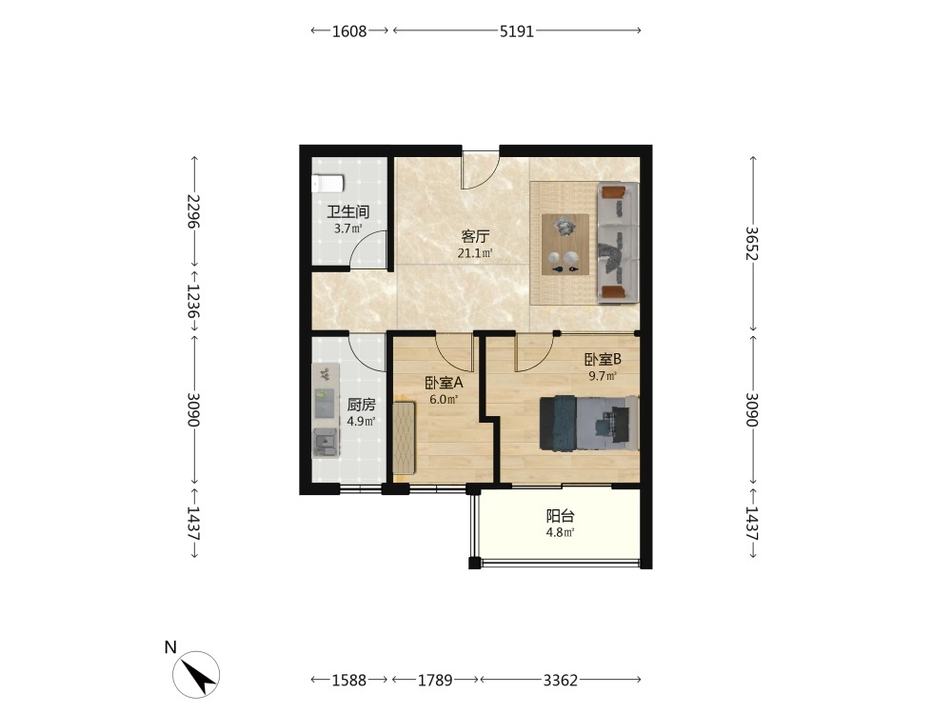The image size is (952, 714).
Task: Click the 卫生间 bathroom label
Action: click(x=347, y=212)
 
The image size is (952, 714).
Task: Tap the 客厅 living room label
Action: click(x=475, y=236)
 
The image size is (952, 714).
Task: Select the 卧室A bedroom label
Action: click(x=444, y=383)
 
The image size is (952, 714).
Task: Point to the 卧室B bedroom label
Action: click(x=603, y=360)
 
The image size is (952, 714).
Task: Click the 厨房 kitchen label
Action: click(x=361, y=405)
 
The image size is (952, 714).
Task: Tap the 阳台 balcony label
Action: click(x=561, y=517)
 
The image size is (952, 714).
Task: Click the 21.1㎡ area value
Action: click(x=475, y=253)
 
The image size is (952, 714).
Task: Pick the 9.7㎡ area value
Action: click(x=603, y=376)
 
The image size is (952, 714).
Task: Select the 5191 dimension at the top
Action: click(x=517, y=31)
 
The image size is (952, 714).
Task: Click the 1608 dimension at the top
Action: click(x=349, y=31)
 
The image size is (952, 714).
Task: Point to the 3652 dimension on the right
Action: click(x=752, y=243)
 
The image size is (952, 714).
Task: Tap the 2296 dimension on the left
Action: click(x=194, y=211)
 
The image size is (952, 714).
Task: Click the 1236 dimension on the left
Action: click(x=194, y=302)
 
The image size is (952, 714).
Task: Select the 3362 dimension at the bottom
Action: click(x=561, y=681)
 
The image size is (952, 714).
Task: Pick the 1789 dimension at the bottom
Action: click(x=435, y=681)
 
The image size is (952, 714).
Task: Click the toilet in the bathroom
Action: click(x=327, y=184)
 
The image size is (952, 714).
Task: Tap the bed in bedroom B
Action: click(x=589, y=423)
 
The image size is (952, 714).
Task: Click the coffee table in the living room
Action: click(x=565, y=244)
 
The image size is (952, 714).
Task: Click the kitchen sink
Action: click(x=326, y=442)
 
